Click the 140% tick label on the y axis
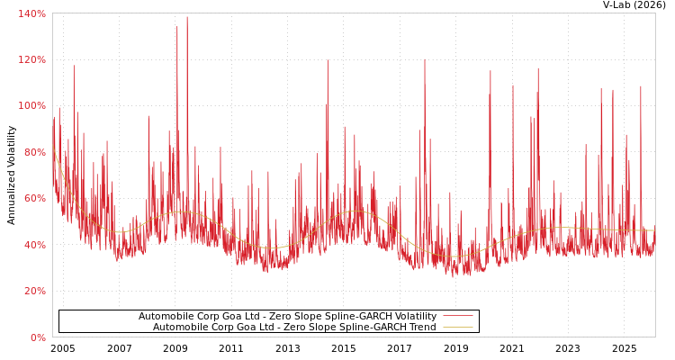tap(31, 13)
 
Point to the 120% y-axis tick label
tap(31, 59)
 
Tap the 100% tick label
tap(31, 105)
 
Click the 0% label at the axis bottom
tap(37, 337)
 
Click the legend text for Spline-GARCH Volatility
tap(287, 317)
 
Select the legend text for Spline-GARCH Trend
tap(294, 328)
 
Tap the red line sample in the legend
tap(457, 317)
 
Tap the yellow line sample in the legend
tap(457, 328)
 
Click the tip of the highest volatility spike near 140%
tap(187, 17)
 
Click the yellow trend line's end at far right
tap(654, 230)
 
